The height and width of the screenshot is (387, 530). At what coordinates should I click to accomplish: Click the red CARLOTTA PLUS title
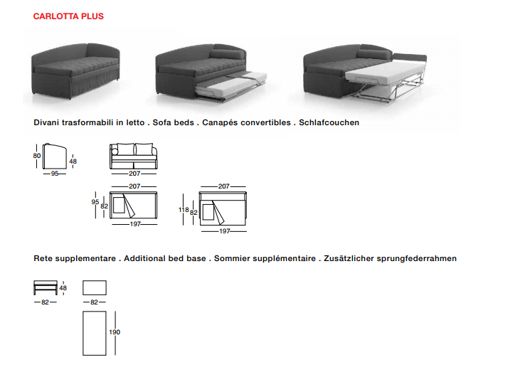[68, 16]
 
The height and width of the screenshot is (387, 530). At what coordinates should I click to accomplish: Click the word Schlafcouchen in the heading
[329, 122]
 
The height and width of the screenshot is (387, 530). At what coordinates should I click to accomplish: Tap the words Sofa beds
[173, 122]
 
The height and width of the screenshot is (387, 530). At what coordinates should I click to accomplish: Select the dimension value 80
[37, 156]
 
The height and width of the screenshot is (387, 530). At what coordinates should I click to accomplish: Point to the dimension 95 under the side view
[54, 174]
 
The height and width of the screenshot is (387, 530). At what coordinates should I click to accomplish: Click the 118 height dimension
[184, 210]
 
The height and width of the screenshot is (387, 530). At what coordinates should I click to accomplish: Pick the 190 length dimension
[115, 332]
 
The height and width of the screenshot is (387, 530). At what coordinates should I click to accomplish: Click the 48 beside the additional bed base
[63, 288]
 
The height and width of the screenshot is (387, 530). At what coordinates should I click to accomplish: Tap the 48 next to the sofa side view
[73, 161]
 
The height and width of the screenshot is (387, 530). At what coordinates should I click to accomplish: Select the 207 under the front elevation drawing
[134, 174]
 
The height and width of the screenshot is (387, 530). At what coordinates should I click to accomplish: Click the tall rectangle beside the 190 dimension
[95, 333]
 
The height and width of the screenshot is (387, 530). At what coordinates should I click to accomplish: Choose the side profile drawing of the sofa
[54, 157]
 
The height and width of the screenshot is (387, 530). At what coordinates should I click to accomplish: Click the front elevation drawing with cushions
[134, 156]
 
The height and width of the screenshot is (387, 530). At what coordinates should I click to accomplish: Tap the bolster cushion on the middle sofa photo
[227, 54]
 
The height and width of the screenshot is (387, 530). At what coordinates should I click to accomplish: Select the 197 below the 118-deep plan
[224, 231]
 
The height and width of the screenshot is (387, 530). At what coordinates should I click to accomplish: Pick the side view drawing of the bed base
[46, 287]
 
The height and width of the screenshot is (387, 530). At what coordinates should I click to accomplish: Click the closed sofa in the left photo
[75, 70]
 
